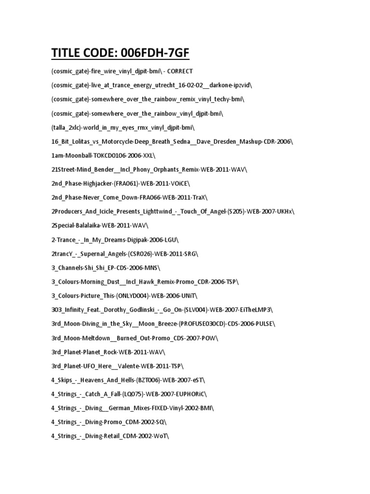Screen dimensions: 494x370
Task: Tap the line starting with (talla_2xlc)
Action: pyautogui.click(x=123, y=127)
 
